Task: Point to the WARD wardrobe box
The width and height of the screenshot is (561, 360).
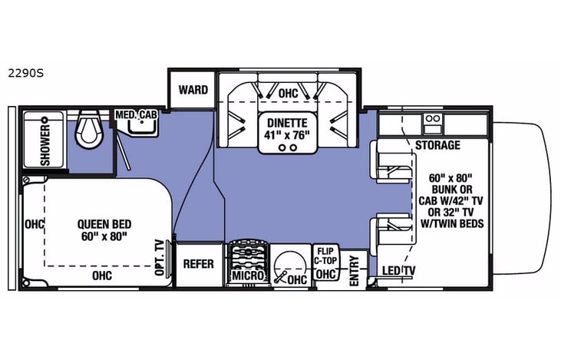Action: [193, 90]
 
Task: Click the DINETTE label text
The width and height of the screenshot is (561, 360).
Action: [287, 121]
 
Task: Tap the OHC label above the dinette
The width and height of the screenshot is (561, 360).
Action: [288, 94]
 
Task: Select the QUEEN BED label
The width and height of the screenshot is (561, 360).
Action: [104, 224]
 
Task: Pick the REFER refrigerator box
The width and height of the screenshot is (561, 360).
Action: [198, 263]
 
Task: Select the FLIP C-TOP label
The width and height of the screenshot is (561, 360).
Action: [325, 256]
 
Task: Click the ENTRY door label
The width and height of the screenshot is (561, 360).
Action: [354, 271]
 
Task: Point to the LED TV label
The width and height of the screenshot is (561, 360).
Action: [398, 270]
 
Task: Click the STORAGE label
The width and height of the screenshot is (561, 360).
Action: [437, 145]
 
